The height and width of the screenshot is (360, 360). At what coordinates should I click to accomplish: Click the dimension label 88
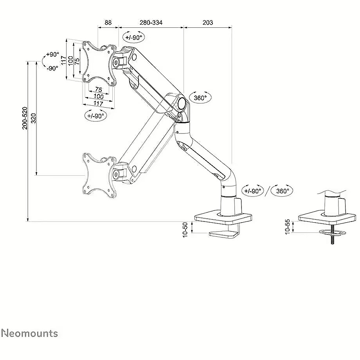click(108, 23)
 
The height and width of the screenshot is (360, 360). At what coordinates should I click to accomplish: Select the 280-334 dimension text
click(151, 23)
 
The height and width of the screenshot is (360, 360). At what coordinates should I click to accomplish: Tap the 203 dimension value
click(208, 23)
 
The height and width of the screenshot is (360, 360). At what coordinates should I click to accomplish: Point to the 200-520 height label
click(25, 118)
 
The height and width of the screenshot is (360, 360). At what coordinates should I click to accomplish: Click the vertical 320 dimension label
click(34, 118)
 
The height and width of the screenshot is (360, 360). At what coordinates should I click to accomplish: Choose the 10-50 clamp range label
click(185, 230)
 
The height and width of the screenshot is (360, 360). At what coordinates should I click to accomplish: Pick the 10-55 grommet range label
click(288, 227)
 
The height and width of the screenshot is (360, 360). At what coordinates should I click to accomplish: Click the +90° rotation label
click(52, 54)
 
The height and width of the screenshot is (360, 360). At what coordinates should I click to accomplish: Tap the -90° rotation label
click(52, 68)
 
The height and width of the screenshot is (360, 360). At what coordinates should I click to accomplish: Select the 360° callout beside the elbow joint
click(200, 98)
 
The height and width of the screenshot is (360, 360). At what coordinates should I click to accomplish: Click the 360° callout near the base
click(283, 191)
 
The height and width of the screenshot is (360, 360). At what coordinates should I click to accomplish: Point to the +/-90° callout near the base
click(252, 191)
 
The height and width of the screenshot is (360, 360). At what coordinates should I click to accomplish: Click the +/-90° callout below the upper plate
click(95, 116)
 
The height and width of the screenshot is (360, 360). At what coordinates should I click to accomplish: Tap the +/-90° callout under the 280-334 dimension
click(134, 37)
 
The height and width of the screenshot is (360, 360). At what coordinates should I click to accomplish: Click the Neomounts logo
click(30, 333)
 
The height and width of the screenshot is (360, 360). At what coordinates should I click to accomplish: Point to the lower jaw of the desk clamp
click(223, 234)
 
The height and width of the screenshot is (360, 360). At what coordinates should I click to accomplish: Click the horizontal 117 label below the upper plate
click(98, 104)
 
